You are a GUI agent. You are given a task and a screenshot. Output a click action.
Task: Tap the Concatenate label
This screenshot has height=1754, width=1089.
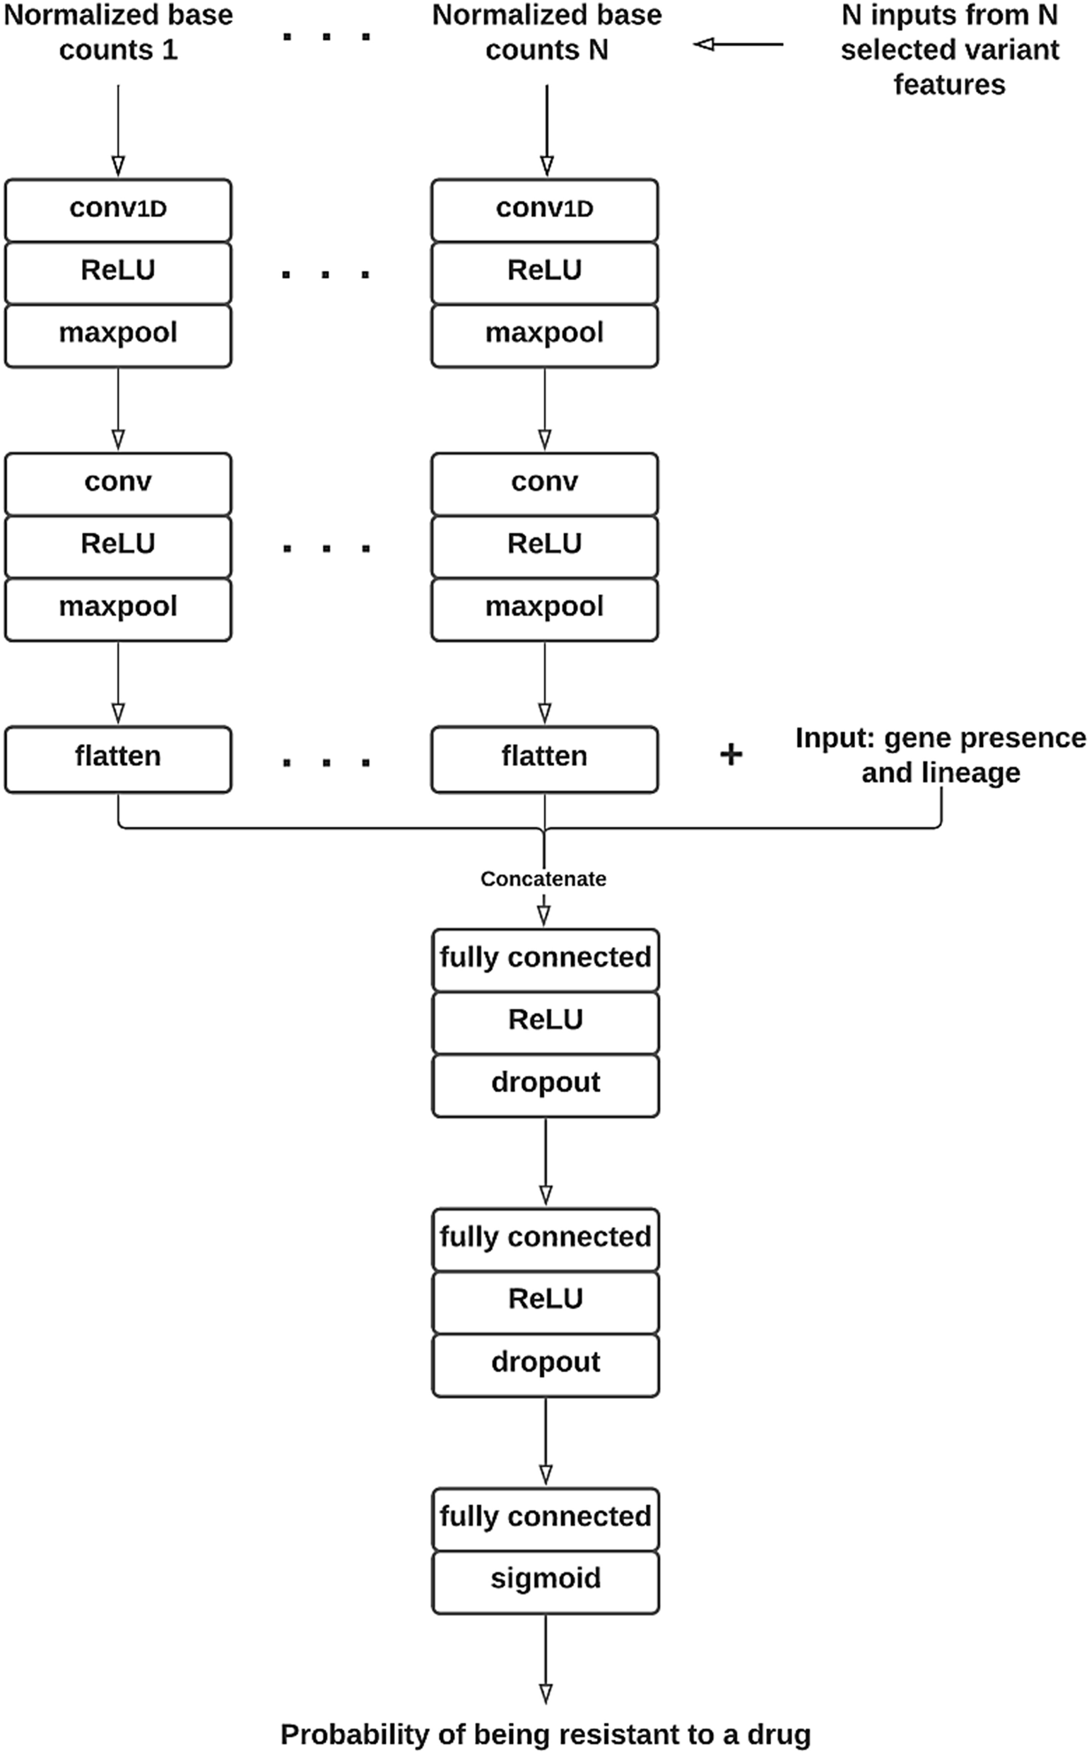click(543, 878)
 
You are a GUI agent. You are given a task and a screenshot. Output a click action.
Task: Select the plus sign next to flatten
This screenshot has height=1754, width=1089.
click(730, 755)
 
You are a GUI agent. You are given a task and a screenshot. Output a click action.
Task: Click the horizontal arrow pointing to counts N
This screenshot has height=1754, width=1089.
click(738, 45)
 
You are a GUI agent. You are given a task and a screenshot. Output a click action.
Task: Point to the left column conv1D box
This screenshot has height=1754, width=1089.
click(118, 209)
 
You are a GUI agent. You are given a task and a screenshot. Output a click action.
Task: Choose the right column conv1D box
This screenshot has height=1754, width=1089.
click(544, 209)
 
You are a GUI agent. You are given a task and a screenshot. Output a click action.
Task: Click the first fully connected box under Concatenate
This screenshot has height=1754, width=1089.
click(546, 958)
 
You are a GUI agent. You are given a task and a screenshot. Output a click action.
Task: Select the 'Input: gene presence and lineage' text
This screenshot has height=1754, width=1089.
click(940, 755)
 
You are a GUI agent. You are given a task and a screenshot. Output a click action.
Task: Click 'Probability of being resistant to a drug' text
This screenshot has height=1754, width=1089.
click(546, 1733)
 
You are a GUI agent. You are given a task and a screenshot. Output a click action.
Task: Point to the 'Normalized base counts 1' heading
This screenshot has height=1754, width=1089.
click(118, 33)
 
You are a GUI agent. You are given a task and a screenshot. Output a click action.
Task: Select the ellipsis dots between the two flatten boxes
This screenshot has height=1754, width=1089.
click(326, 762)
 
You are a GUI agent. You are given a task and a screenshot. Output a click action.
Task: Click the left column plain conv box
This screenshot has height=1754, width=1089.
click(118, 482)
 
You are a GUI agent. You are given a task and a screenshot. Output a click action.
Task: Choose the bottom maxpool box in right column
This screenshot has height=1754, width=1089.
click(544, 608)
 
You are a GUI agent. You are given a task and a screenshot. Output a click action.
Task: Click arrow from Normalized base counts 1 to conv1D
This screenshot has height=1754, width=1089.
click(118, 129)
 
